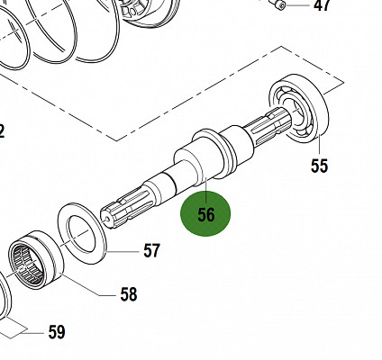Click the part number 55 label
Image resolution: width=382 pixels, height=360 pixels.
point(320,166)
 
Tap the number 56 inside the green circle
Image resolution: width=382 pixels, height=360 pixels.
point(206,215)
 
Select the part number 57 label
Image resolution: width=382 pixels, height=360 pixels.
point(151,250)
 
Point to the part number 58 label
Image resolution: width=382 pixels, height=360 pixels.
point(129,294)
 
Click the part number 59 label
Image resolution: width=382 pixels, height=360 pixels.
point(56,333)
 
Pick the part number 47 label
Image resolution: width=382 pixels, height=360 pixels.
point(322,7)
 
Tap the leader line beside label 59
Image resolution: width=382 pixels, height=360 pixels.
point(27,332)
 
